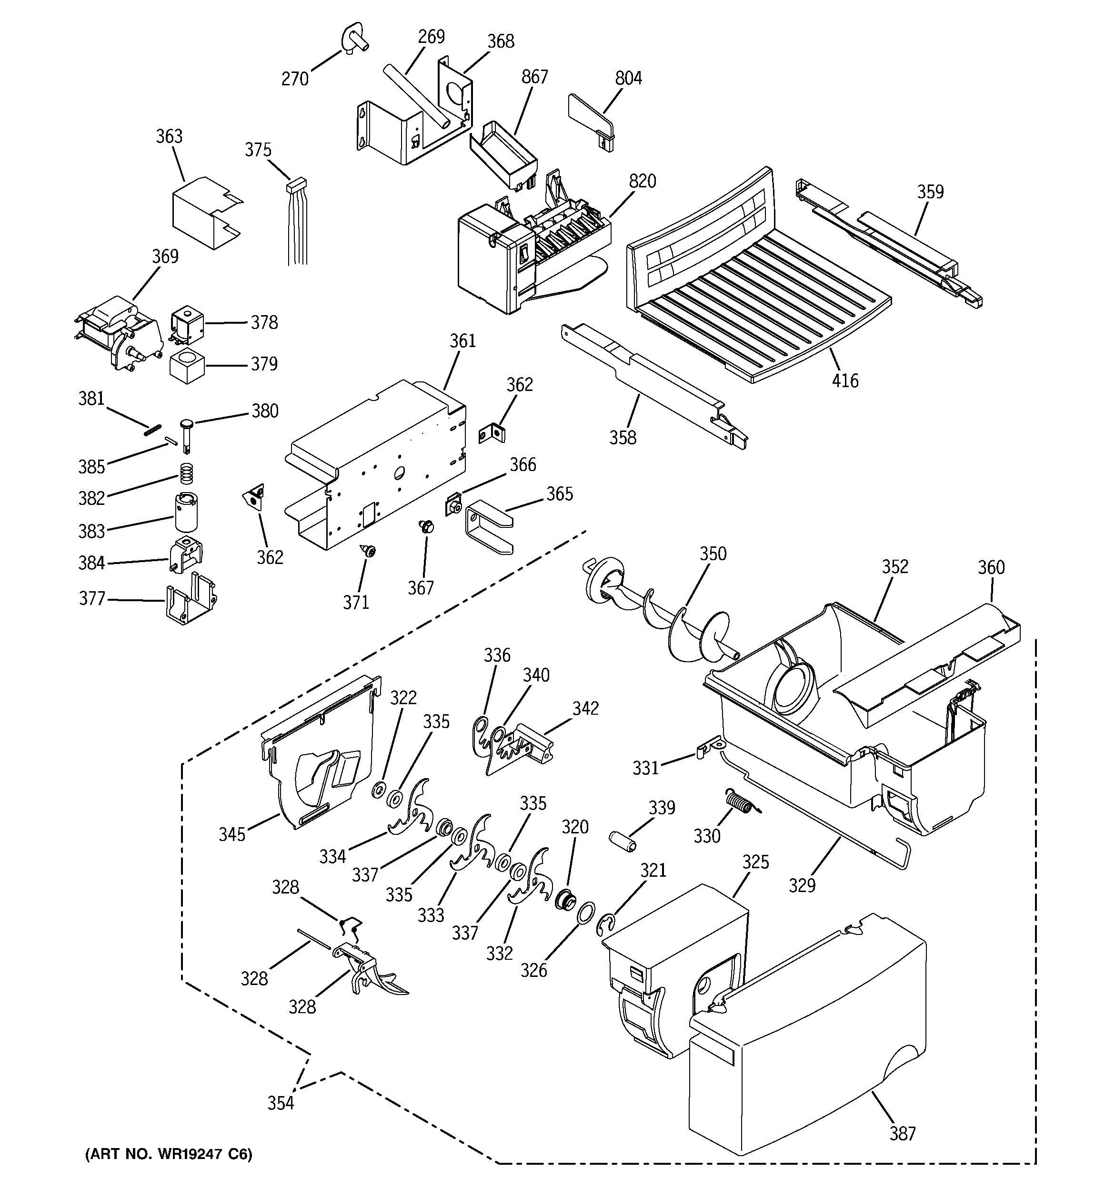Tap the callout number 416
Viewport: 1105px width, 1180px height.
pos(844,380)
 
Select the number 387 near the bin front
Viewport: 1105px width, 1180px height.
pos(902,1133)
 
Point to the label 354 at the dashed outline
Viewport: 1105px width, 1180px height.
pos(280,1103)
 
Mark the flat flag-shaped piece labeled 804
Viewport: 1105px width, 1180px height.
pos(590,119)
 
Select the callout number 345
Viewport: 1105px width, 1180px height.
pos(231,834)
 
